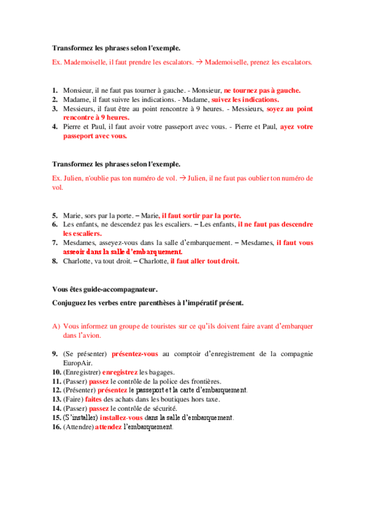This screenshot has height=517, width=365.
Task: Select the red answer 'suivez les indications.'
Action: click(245, 99)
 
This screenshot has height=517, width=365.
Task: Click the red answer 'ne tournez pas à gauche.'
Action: click(262, 90)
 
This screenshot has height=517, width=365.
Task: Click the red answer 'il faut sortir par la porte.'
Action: click(201, 215)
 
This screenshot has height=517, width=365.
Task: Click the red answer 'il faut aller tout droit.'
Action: click(205, 261)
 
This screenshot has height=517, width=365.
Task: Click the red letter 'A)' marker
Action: click(56, 326)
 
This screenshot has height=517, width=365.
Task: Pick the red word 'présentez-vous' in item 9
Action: click(135, 354)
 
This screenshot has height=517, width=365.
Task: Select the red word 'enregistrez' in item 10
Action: click(119, 372)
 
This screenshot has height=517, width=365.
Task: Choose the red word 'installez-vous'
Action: click(121, 418)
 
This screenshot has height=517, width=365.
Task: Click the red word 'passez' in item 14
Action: click(99, 408)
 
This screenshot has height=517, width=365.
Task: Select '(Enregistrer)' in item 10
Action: click(81, 372)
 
